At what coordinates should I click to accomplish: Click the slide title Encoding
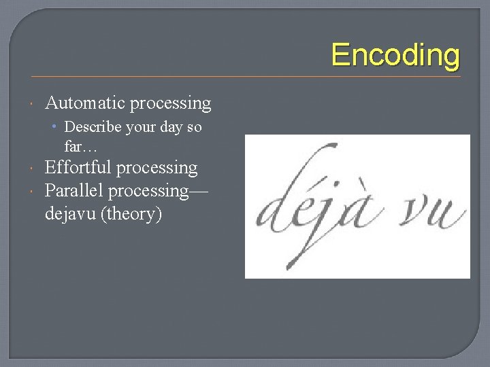coord(395,55)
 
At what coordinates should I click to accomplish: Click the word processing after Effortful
coord(161,169)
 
